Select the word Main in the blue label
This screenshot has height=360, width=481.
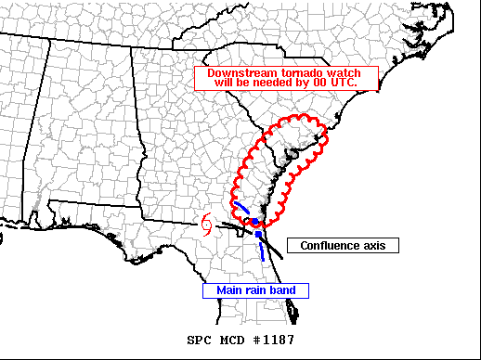pos(229,290)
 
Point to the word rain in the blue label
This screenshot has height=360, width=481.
pos(255,290)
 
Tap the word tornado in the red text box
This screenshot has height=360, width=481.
pos(295,72)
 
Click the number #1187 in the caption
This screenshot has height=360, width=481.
pos(276,340)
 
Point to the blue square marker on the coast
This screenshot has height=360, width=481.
pos(258,237)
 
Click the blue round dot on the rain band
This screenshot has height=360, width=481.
pos(254,223)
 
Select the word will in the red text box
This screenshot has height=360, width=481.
pos(226,83)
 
